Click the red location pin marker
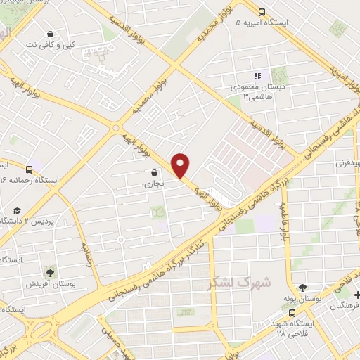pyautogui.click(x=181, y=166)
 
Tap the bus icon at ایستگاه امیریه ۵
pyautogui.click(x=262, y=12)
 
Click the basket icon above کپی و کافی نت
pyautogui.click(x=51, y=34)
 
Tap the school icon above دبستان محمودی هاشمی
pyautogui.click(x=257, y=76)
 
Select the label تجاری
pyautogui.click(x=153, y=184)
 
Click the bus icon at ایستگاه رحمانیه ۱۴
pyautogui.click(x=29, y=169)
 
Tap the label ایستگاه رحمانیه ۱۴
pyautogui.click(x=42, y=181)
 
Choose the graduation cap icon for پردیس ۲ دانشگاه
pyautogui.click(x=16, y=210)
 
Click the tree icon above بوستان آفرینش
pyautogui.click(x=50, y=271)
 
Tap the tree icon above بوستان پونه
pyautogui.click(x=302, y=287)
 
